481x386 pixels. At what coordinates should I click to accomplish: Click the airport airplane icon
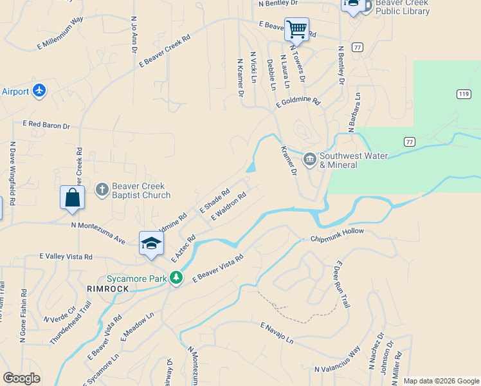(39, 91)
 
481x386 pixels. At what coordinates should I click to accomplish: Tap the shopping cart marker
(296, 29)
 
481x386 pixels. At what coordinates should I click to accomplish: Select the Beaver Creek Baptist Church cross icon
(102, 189)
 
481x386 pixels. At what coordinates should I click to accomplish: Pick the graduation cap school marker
(151, 243)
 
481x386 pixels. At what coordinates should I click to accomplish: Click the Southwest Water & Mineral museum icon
(310, 159)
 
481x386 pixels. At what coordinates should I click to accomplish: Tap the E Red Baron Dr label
(46, 124)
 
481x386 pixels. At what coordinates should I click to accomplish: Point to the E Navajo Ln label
(277, 333)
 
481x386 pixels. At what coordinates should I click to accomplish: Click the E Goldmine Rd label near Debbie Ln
(298, 102)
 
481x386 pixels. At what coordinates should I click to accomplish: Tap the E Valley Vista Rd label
(66, 256)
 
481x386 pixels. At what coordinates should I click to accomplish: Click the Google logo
(21, 378)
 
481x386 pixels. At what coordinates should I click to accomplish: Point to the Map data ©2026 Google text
(440, 381)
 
